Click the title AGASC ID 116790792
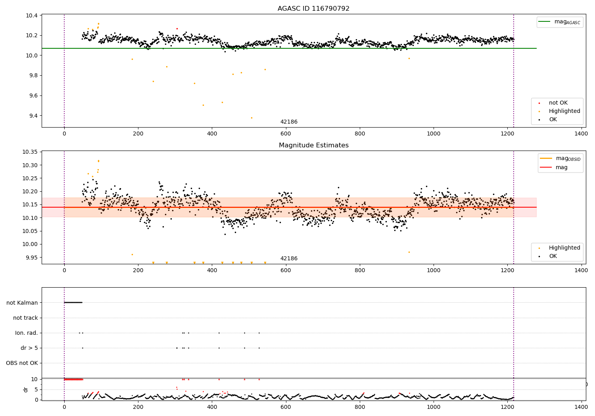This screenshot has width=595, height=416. coord(313,9)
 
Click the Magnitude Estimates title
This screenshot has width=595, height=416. coord(313,145)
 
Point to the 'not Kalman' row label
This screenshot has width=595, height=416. coord(22,303)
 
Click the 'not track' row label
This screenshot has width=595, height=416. coord(25,318)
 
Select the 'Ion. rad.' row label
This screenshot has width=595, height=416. coord(27,333)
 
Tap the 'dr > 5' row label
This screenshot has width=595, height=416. coord(29,348)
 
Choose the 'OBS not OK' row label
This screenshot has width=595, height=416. coord(22,363)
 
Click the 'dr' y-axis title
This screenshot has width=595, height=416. coord(26,389)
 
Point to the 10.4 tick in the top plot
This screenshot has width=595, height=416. coord(32,15)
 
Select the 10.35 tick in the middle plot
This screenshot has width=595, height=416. coord(30,152)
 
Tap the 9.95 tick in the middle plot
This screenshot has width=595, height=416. coord(32,257)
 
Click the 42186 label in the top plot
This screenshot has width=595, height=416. coord(289,122)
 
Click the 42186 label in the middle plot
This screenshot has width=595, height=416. coord(289,259)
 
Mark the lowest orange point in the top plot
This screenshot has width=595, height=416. coord(251,118)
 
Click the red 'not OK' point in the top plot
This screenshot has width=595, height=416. coord(177,29)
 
